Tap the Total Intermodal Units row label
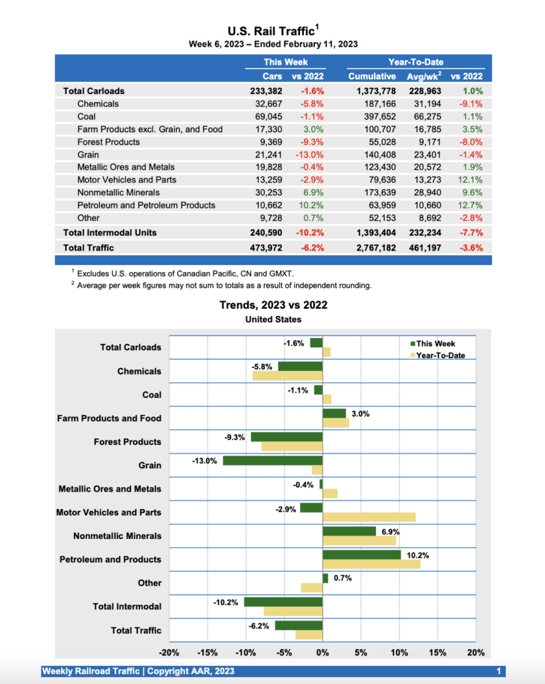[110, 232]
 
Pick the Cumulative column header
[372, 77]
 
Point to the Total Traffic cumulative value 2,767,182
[372, 248]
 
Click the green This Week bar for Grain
[272, 461]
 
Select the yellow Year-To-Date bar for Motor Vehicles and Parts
[369, 517]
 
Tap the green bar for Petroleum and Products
[361, 554]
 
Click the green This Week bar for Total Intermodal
[283, 602]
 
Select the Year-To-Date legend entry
[440, 355]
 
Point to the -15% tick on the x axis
[208, 653]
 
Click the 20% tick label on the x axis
[476, 653]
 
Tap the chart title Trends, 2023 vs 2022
[273, 305]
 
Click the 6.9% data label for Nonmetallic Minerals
[390, 531]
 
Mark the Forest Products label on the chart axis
[128, 442]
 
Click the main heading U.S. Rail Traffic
[271, 31]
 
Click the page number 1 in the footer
[499, 671]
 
